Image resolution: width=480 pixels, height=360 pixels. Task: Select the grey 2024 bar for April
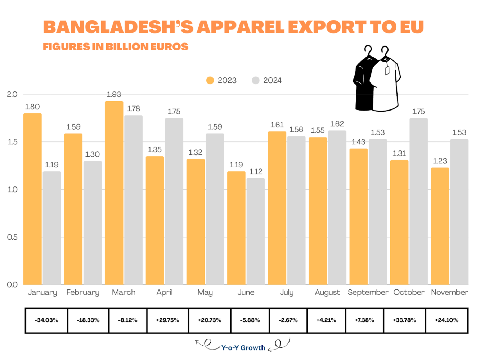click(x=174, y=202)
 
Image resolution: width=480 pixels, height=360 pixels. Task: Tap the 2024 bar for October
click(x=418, y=202)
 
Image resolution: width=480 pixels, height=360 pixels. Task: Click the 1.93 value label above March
click(x=114, y=95)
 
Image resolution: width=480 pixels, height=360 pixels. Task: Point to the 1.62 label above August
click(x=337, y=124)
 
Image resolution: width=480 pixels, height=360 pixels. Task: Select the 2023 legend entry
click(x=221, y=80)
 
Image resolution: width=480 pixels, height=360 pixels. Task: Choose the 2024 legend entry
click(x=267, y=80)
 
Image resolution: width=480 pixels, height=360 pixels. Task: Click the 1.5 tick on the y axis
click(x=13, y=142)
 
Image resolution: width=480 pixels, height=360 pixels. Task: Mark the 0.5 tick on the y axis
click(x=13, y=237)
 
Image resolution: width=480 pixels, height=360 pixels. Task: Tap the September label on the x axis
click(x=368, y=292)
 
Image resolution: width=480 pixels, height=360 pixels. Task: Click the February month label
click(x=83, y=292)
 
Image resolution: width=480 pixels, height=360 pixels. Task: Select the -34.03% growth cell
click(x=46, y=320)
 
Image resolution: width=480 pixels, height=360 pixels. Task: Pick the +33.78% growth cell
click(x=404, y=320)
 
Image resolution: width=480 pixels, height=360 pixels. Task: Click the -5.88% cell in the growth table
click(x=250, y=320)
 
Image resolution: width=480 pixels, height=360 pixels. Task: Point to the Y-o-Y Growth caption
click(x=243, y=348)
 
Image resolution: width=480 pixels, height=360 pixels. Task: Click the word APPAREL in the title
click(x=241, y=27)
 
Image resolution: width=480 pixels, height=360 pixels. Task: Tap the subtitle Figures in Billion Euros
click(x=116, y=47)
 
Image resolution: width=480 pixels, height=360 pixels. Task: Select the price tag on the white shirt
click(x=387, y=70)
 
